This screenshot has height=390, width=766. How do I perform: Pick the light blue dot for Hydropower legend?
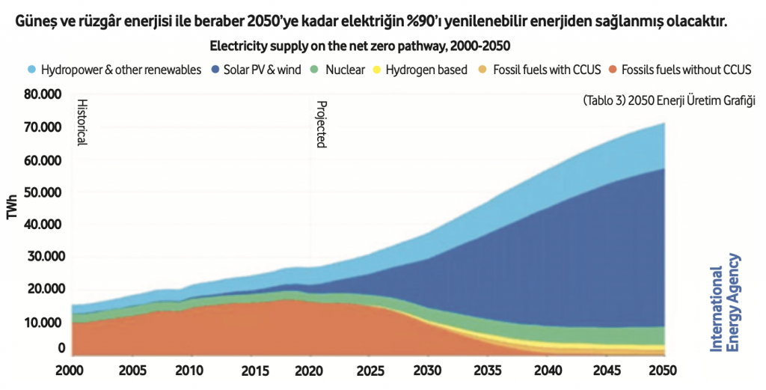point(31,70)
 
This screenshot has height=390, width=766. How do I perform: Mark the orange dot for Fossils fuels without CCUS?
point(612,70)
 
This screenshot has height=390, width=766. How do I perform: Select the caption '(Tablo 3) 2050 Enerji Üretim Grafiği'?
point(668,101)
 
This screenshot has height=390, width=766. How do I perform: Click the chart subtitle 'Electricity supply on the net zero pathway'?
point(360,46)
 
